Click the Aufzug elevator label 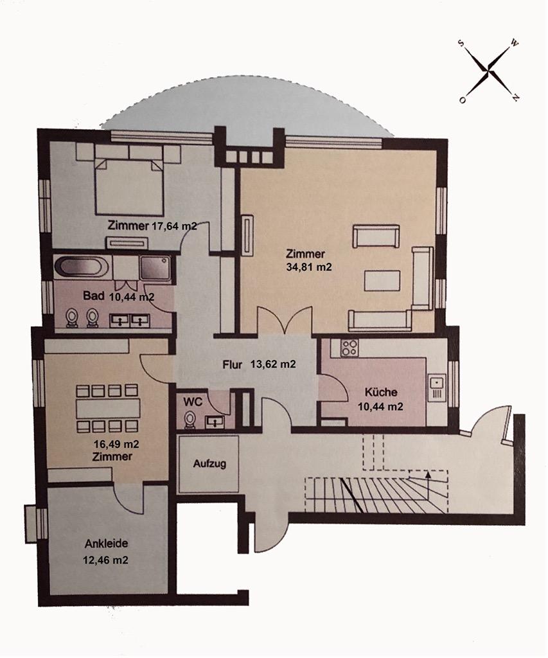pyautogui.click(x=209, y=464)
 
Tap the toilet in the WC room pyautogui.click(x=190, y=420)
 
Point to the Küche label pyautogui.click(x=380, y=392)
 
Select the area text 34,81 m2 pyautogui.click(x=308, y=267)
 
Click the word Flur pyautogui.click(x=232, y=364)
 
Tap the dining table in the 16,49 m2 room pyautogui.click(x=107, y=408)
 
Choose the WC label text pyautogui.click(x=193, y=401)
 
